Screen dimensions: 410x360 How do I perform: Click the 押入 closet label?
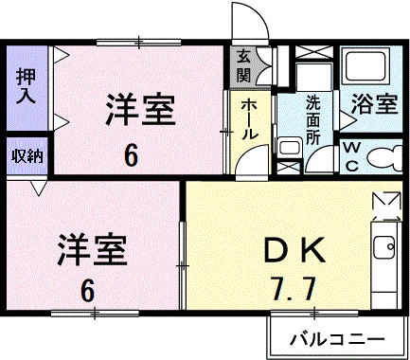26,85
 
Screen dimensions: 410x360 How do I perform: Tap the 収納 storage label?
27,156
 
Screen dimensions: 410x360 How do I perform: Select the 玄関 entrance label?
243,66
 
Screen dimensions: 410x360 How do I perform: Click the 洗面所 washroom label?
313,119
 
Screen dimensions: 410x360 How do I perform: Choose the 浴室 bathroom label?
374,103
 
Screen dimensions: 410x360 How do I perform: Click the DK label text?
294,250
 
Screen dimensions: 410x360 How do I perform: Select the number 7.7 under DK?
294,289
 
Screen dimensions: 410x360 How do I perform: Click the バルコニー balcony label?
337,340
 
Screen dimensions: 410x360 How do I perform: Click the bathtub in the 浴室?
366,65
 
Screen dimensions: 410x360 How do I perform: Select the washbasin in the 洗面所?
290,149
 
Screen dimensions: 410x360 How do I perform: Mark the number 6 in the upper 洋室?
131,156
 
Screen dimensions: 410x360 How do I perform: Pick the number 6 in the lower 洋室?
87,290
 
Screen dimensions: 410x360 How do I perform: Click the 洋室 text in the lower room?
92,249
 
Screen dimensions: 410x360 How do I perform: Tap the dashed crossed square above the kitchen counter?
386,207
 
